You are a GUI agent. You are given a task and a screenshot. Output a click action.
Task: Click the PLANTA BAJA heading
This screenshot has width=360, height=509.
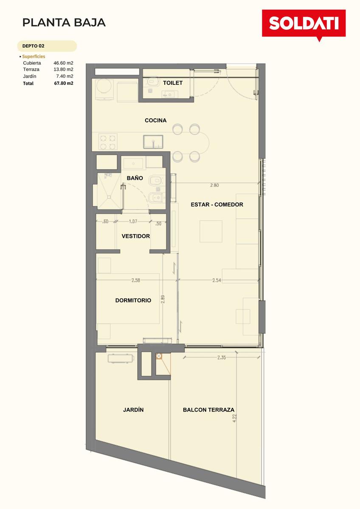[64, 22]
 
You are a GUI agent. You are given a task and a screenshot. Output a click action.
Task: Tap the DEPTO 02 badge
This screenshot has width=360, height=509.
[47, 46]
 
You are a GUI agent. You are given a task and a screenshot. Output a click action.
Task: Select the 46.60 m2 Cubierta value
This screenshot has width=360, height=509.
[63, 63]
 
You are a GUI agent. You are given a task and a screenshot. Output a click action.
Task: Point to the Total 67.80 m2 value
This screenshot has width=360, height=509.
[64, 83]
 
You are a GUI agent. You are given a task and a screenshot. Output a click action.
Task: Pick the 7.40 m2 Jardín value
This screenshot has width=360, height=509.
[65, 76]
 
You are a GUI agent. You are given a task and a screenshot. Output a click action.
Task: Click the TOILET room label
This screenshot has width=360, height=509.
[173, 83]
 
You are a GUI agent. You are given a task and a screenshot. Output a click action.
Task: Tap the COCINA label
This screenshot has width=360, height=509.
[155, 120]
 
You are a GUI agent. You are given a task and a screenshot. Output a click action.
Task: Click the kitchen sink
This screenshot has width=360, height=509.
[153, 142]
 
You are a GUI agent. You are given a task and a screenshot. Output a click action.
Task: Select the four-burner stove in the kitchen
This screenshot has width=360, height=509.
[108, 142]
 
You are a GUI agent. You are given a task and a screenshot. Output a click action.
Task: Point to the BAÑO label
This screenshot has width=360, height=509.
[135, 178]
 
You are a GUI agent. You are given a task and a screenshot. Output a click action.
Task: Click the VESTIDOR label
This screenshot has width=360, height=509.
[136, 236]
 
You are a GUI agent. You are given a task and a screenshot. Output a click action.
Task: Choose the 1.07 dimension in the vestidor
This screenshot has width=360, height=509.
[133, 221]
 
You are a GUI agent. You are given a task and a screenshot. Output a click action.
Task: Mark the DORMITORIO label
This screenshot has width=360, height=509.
[133, 300]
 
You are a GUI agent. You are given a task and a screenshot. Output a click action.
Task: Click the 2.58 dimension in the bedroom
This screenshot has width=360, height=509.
[135, 280]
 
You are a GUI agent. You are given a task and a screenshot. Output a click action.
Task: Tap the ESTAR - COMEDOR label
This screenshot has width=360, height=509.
[217, 204]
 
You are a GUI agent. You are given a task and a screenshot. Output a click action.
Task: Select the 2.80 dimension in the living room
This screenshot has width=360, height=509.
[214, 185]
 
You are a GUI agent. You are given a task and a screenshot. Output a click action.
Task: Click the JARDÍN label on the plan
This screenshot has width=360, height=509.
[133, 410]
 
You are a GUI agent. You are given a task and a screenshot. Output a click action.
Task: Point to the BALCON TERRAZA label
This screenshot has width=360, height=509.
[208, 410]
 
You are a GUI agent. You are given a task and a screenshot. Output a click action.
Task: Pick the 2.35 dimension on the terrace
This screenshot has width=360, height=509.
[222, 358]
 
